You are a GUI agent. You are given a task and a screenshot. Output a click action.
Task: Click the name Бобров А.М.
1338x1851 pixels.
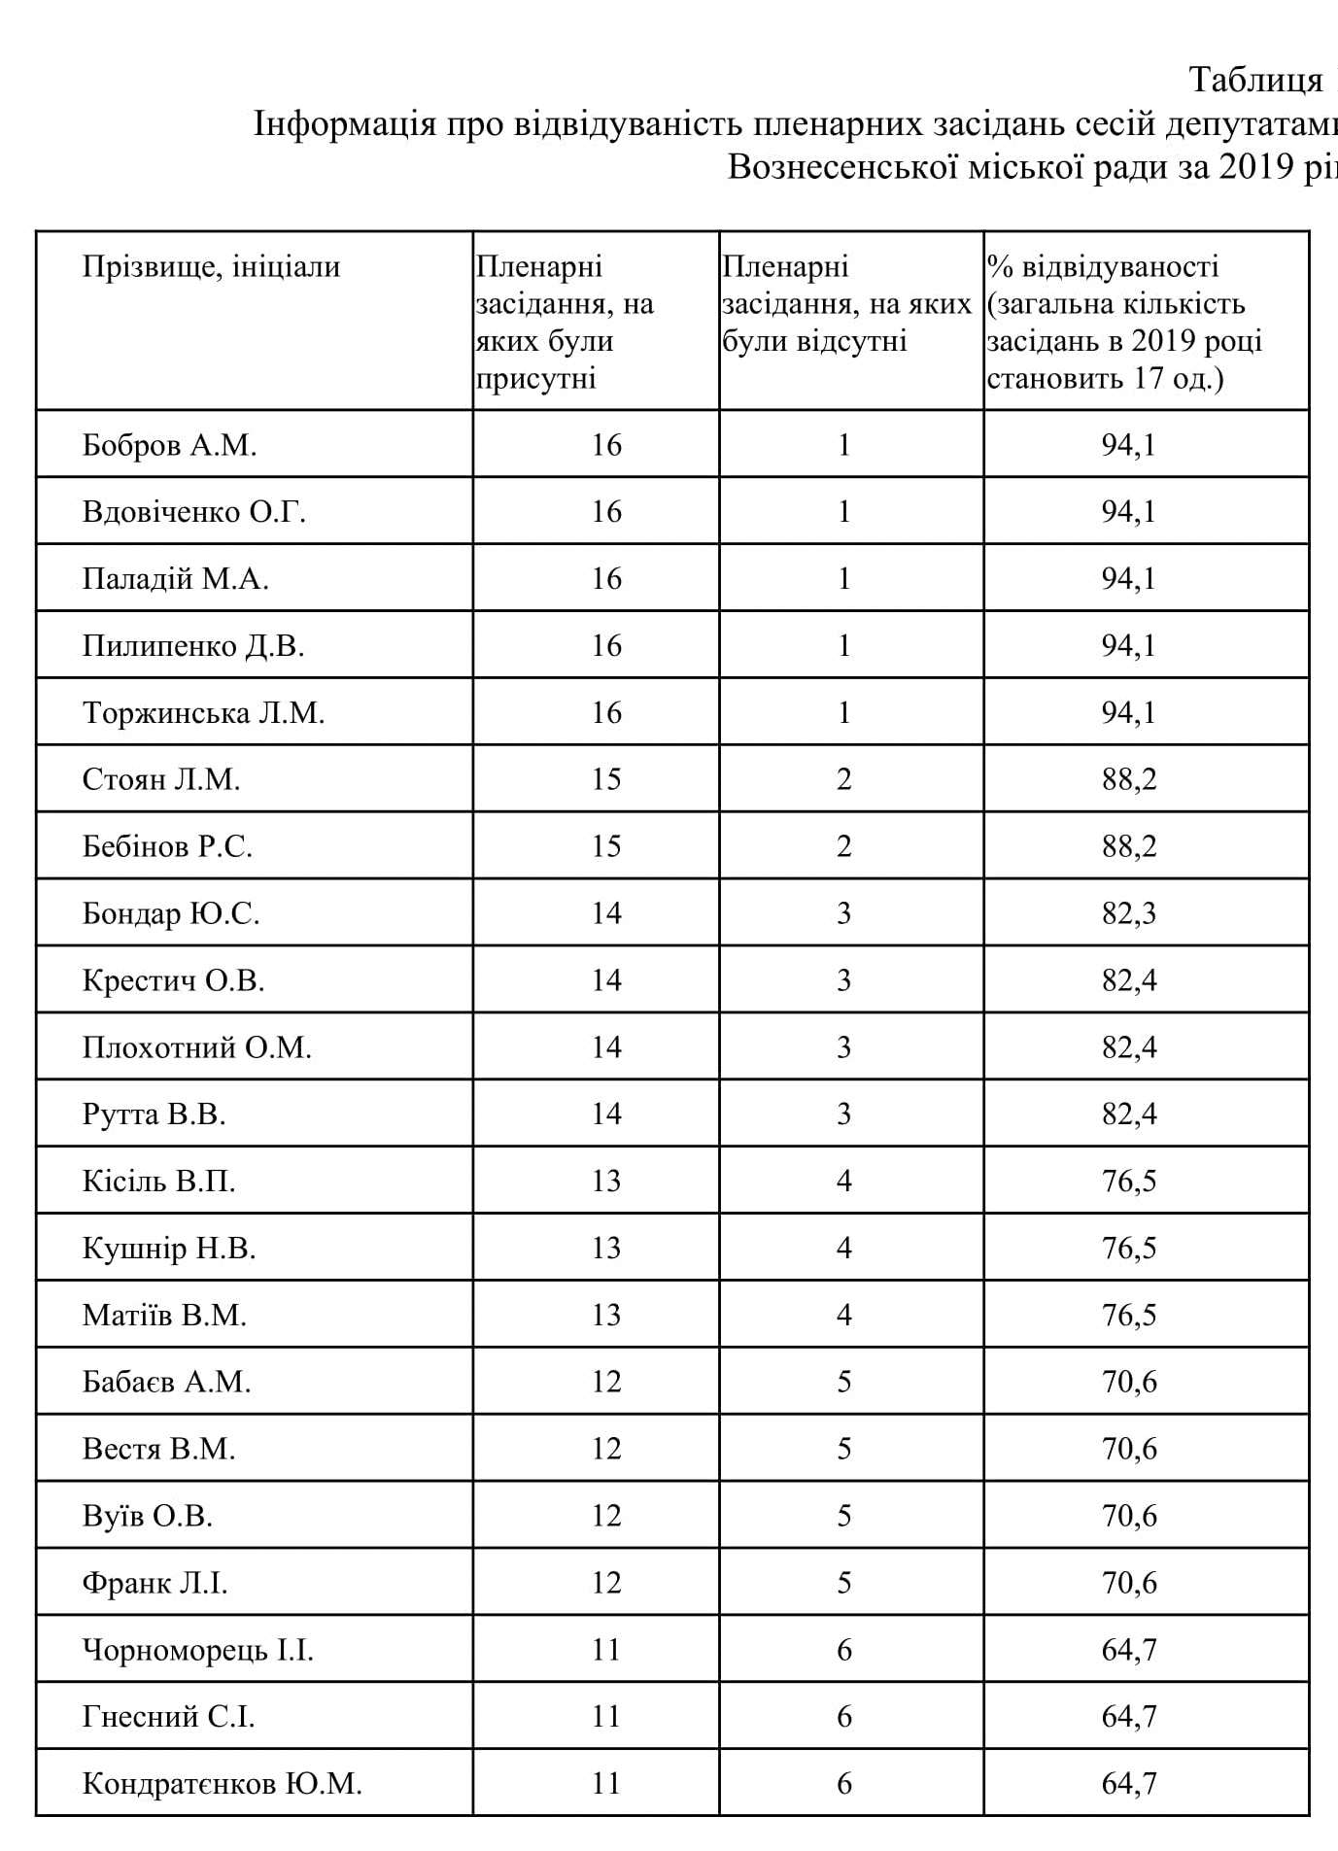(169, 446)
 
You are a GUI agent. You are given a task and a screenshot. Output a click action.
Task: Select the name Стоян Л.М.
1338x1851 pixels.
(161, 780)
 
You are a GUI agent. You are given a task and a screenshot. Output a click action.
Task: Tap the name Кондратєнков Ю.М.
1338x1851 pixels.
(222, 1784)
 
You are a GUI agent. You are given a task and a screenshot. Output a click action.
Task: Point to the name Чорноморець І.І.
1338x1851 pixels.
(198, 1650)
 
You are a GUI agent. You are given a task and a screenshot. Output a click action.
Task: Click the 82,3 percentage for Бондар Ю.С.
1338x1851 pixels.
(1129, 914)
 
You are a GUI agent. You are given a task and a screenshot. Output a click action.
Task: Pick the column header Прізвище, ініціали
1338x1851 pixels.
(211, 267)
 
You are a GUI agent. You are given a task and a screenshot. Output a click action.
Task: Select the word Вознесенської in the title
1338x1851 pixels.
(842, 167)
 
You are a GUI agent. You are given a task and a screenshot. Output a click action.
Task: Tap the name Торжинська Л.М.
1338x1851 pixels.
(203, 713)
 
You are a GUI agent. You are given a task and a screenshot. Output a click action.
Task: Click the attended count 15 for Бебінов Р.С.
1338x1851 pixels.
(606, 847)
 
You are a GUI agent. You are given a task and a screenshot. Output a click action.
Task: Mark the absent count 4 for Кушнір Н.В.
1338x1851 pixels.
(843, 1249)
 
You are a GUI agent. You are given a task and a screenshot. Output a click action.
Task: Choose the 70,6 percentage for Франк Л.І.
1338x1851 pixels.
(1129, 1583)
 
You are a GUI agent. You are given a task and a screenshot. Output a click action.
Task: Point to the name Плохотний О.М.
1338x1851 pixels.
(196, 1047)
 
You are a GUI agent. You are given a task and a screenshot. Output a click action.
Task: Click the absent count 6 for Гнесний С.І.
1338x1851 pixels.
(843, 1717)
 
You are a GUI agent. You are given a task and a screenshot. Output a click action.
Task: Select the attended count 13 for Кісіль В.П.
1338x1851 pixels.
(606, 1182)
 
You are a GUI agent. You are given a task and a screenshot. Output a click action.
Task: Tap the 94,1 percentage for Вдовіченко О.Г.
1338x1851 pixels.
(1129, 513)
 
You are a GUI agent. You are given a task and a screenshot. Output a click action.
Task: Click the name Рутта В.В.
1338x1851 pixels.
(154, 1114)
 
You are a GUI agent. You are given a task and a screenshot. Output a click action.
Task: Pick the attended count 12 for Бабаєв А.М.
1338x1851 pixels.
(606, 1383)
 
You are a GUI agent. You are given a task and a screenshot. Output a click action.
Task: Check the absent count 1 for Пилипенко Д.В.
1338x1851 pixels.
(843, 647)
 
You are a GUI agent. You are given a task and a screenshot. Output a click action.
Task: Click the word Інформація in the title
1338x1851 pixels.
(344, 125)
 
